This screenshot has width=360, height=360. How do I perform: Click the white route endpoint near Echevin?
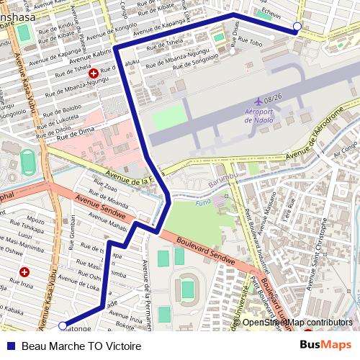point(297,28)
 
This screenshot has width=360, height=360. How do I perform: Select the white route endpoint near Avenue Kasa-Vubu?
point(63,325)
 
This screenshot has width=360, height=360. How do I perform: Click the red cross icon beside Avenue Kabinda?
point(93,73)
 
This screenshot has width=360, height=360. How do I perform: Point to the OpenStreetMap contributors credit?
point(297,323)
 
